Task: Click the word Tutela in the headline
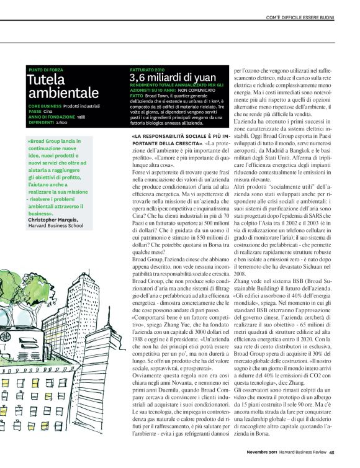(45, 81)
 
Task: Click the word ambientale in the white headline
(63, 93)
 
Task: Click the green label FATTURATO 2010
(148, 70)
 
